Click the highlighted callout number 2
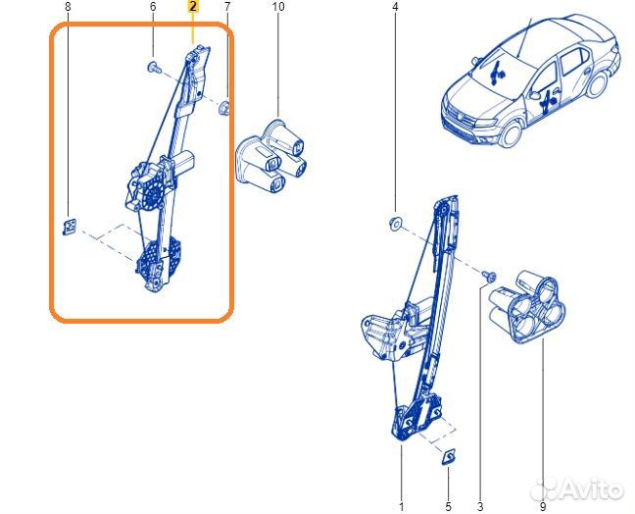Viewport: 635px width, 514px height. [193, 7]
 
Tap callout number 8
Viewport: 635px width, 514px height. [68, 7]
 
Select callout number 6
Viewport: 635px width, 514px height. [153, 7]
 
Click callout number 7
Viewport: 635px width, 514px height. [227, 7]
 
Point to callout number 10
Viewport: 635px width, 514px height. [277, 7]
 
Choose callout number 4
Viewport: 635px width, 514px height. [395, 7]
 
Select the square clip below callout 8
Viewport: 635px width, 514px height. [69, 225]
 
